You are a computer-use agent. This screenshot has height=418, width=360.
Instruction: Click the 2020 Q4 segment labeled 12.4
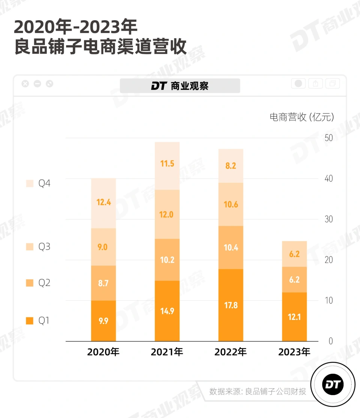(103, 203)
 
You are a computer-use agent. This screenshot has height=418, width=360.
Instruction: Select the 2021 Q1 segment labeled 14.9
(167, 311)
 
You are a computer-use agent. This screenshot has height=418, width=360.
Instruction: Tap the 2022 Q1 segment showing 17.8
(231, 305)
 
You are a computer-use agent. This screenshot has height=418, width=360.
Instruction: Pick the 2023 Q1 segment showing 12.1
(294, 317)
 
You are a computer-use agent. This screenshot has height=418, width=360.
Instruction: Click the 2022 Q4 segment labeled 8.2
(231, 166)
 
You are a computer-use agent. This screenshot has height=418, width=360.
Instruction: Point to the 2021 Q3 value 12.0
(167, 214)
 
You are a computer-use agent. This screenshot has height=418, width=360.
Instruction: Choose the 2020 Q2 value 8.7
(103, 283)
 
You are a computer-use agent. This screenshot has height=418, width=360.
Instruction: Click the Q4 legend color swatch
(30, 184)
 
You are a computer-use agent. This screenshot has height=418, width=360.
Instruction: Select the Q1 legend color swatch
(30, 321)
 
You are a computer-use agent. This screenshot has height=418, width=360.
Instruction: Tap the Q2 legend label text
(44, 283)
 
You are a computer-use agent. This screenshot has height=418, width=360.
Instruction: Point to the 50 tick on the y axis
(328, 138)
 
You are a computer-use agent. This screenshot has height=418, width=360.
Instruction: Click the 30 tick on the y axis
(328, 219)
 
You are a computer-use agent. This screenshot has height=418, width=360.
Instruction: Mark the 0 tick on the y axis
(330, 341)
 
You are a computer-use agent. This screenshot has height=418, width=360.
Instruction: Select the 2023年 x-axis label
(294, 352)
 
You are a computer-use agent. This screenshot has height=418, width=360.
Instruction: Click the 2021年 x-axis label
(167, 352)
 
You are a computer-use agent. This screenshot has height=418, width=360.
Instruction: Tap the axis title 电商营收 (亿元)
(301, 117)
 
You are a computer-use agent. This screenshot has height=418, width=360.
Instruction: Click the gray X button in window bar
(25, 84)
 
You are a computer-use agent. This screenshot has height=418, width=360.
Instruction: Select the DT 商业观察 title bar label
(180, 86)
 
